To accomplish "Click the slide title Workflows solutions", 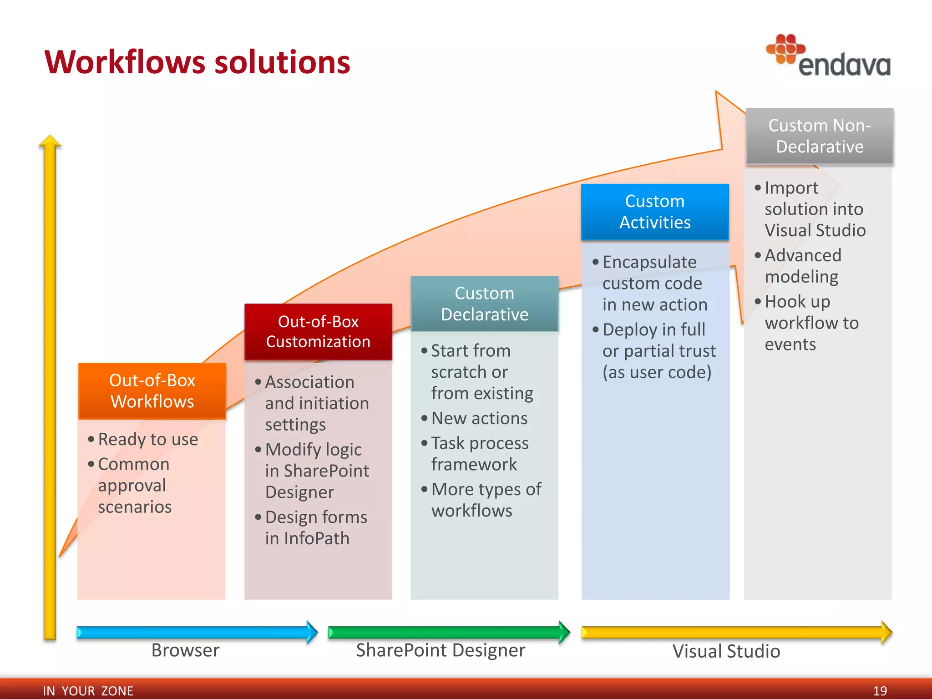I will click(197, 62).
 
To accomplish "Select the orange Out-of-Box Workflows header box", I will click(152, 391).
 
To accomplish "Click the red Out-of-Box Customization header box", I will click(318, 332).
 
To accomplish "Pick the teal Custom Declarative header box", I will click(484, 304).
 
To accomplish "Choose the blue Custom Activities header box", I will click(655, 212).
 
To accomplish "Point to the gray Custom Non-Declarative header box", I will click(819, 136).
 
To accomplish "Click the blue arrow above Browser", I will click(196, 632).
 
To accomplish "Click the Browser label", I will click(185, 650).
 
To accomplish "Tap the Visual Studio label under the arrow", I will click(726, 651).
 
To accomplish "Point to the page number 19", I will click(880, 691).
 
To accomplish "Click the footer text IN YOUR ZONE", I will click(88, 691).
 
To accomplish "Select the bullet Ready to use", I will click(148, 439).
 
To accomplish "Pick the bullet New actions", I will click(479, 418).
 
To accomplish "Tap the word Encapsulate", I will click(649, 262).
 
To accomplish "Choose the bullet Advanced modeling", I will click(802, 266).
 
